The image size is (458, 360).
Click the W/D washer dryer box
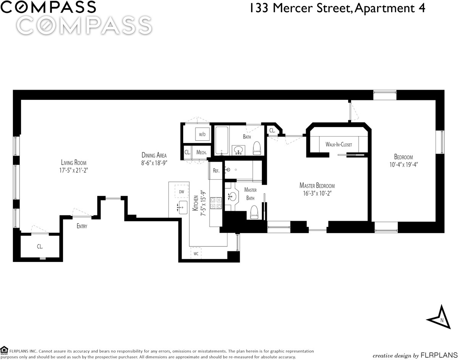pyautogui.click(x=202, y=134)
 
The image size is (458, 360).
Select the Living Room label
pyautogui.click(x=74, y=163)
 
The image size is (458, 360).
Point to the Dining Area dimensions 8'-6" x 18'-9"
pyautogui.click(x=154, y=163)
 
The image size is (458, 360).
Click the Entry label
pyautogui.click(x=82, y=226)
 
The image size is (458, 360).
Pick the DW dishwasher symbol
pyautogui.click(x=182, y=192)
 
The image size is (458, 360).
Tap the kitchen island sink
pyautogui.click(x=182, y=207)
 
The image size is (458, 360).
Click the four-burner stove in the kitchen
pyautogui.click(x=216, y=203)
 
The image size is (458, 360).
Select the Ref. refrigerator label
pyautogui.click(x=216, y=171)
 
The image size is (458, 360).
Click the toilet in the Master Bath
pyautogui.click(x=254, y=212)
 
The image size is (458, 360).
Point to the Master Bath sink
pyautogui.click(x=232, y=197)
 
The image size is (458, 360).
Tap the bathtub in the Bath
pyautogui.click(x=221, y=140)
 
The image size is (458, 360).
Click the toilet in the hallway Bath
pyautogui.click(x=257, y=148)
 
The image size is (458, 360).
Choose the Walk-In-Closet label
pyautogui.click(x=339, y=145)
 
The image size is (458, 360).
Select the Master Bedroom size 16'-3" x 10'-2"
pyautogui.click(x=317, y=193)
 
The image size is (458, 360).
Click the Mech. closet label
pyautogui.click(x=202, y=153)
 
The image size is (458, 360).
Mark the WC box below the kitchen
pyautogui.click(x=196, y=253)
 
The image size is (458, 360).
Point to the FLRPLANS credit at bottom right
pyautogui.click(x=439, y=355)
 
